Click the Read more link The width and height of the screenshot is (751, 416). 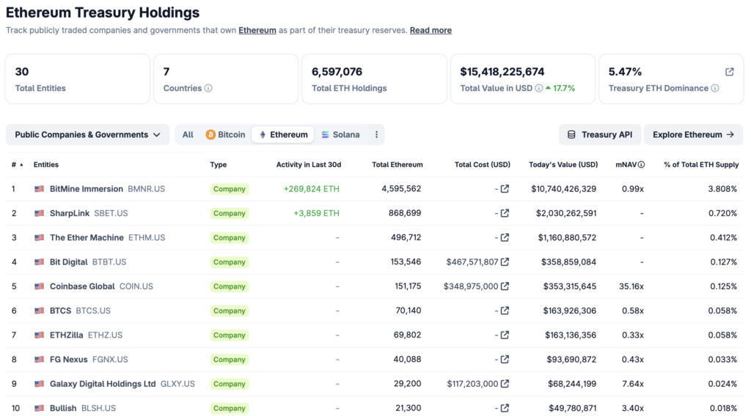[431, 31]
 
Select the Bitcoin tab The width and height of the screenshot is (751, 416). [225, 135]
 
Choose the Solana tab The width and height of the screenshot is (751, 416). [340, 135]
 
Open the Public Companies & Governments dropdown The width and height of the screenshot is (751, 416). [87, 135]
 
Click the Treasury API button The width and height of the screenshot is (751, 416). [599, 135]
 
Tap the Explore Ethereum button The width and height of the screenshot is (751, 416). [693, 135]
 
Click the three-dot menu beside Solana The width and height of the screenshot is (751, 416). [376, 135]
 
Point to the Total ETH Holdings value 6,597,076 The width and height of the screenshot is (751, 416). [337, 72]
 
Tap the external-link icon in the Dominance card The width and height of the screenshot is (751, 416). [729, 72]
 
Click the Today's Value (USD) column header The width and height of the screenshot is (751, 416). [563, 165]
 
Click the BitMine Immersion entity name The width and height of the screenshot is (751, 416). [87, 189]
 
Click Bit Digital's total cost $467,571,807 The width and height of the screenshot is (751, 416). [472, 262]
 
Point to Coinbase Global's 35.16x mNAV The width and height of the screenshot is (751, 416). [630, 286]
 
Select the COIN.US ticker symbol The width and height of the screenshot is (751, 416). [136, 286]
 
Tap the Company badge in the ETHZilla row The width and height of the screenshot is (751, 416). [229, 335]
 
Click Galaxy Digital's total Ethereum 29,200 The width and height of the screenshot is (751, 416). [406, 384]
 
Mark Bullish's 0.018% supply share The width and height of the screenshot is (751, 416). [722, 408]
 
